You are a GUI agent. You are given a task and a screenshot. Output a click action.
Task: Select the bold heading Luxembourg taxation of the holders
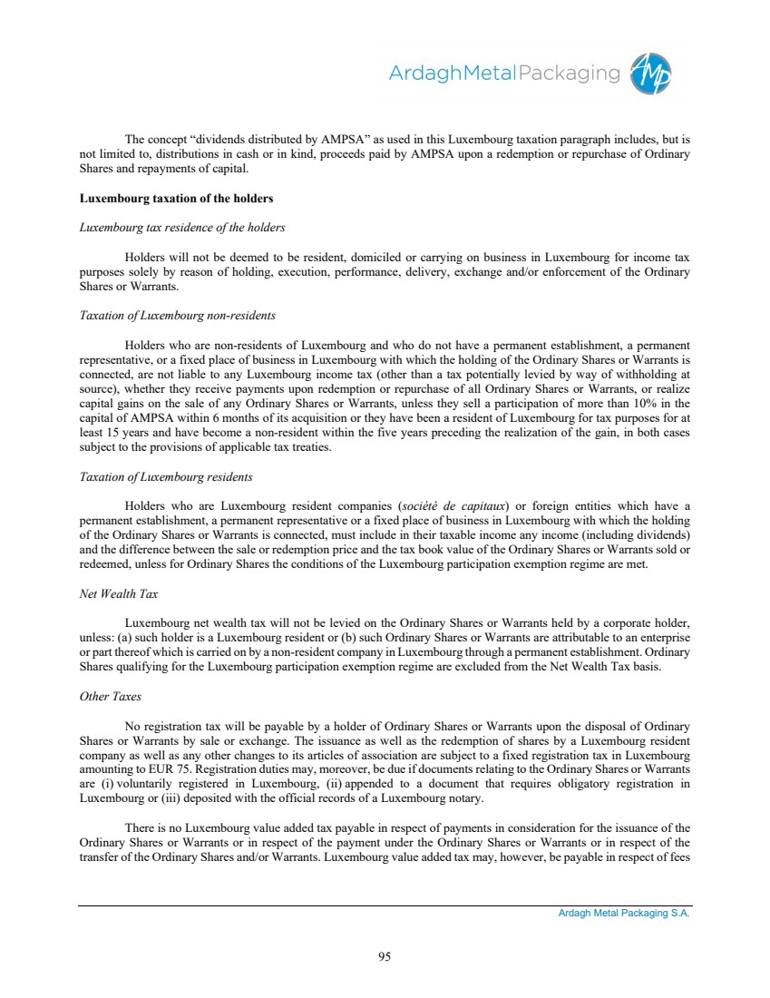pos(176,198)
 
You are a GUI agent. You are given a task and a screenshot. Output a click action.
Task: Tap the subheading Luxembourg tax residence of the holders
pos(182,227)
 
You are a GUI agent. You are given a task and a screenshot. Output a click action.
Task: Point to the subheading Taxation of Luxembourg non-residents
pos(178,316)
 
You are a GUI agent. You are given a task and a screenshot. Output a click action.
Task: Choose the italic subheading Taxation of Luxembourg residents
pos(166,476)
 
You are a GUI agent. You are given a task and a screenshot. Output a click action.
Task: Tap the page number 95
pos(385,954)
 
